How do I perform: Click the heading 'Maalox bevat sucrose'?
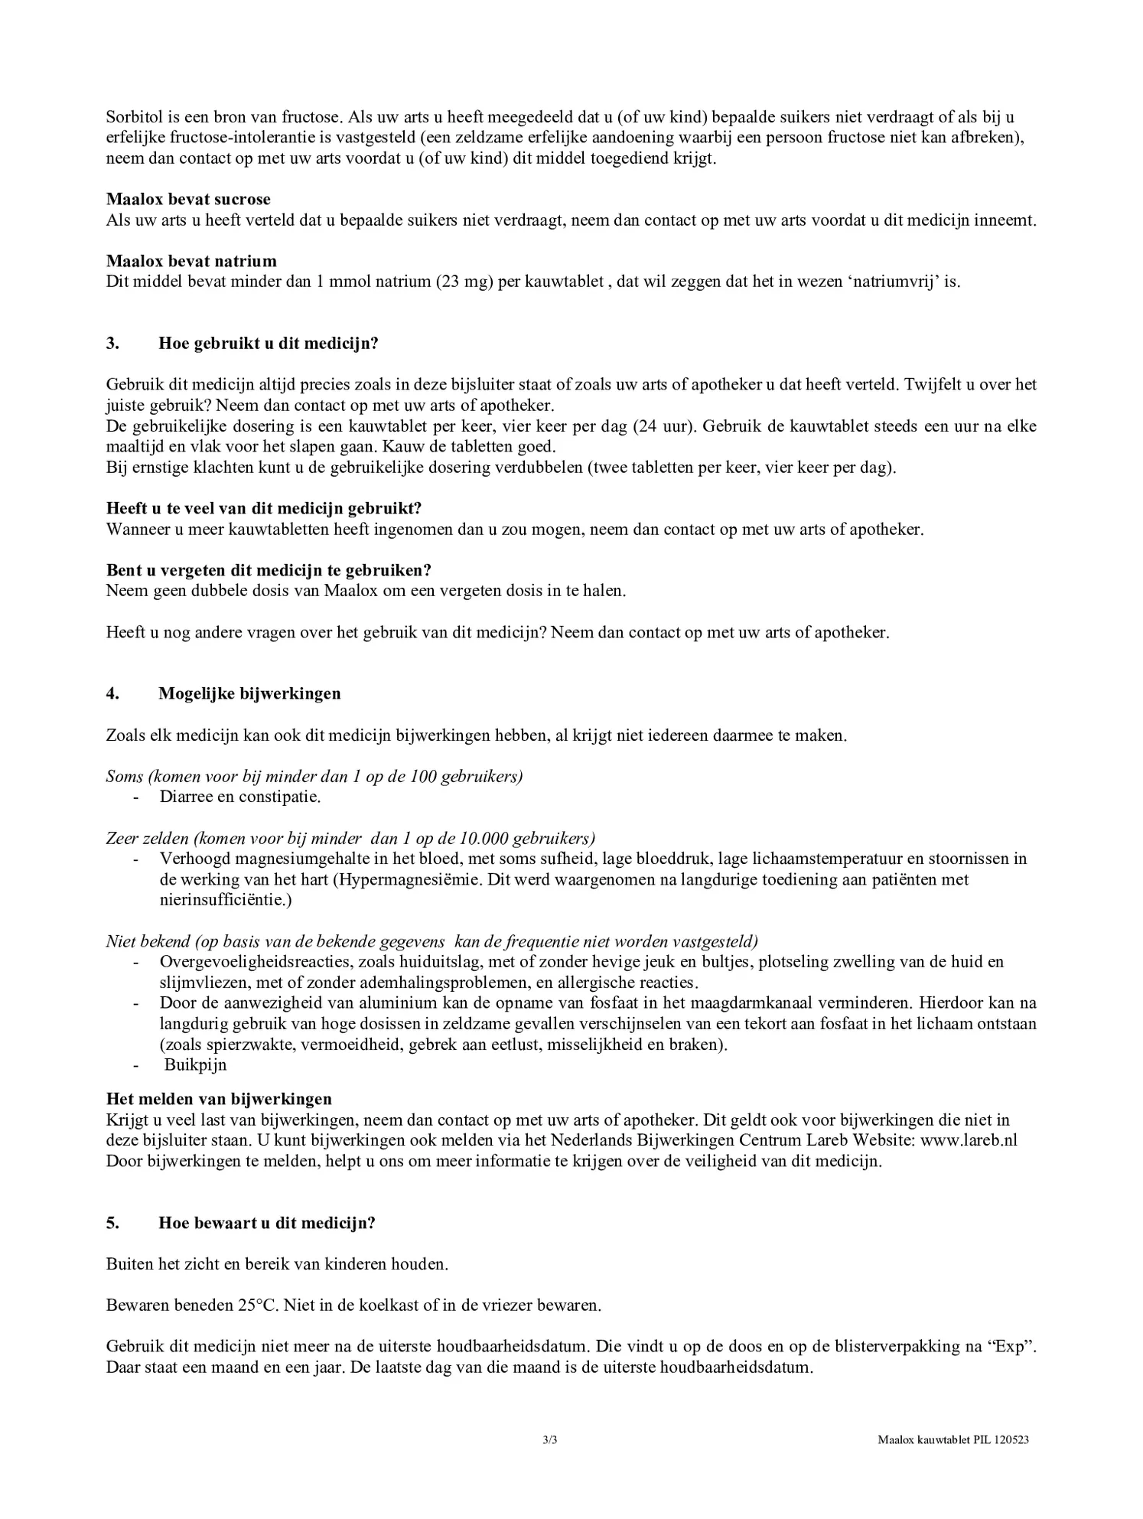tap(188, 200)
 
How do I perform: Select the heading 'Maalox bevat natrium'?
tap(191, 262)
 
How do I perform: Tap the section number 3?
tap(112, 344)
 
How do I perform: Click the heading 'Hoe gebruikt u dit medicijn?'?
tap(268, 344)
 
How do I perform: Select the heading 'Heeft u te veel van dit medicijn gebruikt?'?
tap(264, 509)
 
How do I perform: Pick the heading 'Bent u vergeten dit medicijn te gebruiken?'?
tap(269, 571)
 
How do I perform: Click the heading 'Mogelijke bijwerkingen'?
tap(249, 694)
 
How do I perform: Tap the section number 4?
tap(112, 694)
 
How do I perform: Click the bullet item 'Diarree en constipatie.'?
tap(240, 797)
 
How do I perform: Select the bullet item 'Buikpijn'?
tap(195, 1065)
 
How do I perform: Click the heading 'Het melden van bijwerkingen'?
tap(219, 1100)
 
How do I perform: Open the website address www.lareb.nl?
tap(969, 1140)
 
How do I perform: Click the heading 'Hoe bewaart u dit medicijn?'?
tap(267, 1223)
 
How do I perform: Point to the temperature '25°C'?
tap(258, 1305)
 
